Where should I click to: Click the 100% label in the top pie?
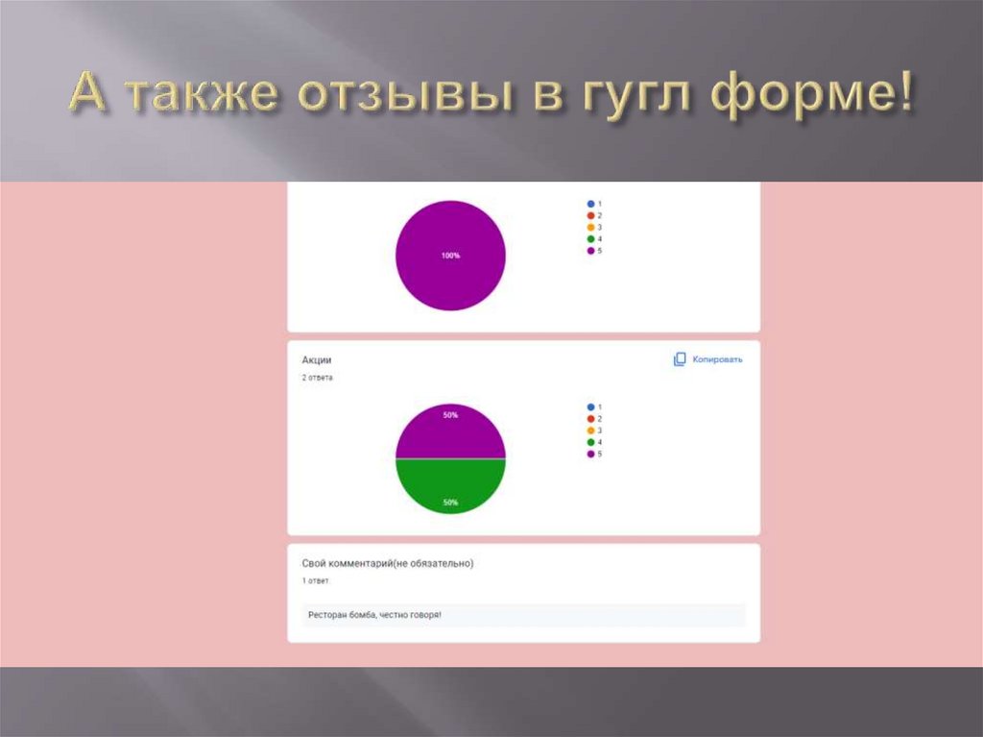(450, 256)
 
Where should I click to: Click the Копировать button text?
(718, 359)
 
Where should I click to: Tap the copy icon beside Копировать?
(680, 359)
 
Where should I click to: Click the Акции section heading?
(317, 359)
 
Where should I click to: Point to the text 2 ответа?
(318, 378)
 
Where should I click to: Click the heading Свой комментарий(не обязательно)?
(388, 563)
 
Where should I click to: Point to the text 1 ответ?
(316, 581)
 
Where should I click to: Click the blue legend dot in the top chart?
(590, 204)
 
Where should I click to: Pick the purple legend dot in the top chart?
(590, 250)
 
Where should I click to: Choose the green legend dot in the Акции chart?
(590, 442)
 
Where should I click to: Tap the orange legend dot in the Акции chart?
(590, 430)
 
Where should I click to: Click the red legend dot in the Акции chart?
(590, 419)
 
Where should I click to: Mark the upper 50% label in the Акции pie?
(450, 415)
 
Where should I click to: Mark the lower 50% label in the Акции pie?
(450, 503)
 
